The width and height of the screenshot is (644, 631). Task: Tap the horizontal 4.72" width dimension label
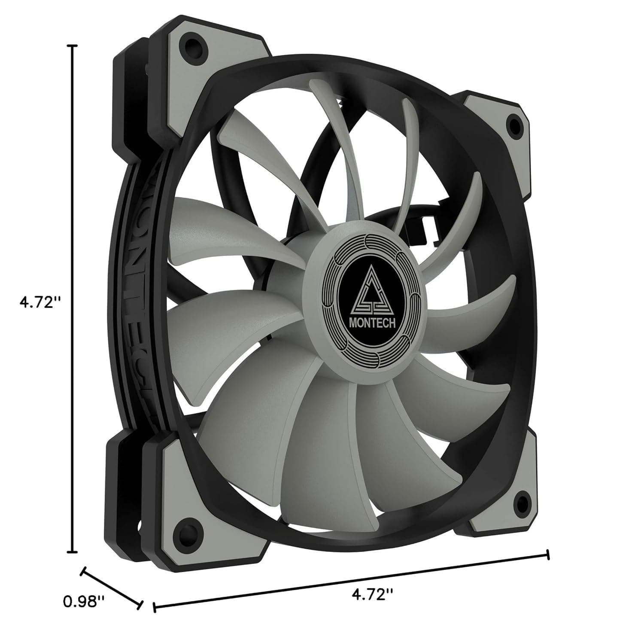click(372, 594)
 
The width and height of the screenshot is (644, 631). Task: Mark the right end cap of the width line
click(547, 555)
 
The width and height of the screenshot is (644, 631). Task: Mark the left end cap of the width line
click(154, 607)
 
